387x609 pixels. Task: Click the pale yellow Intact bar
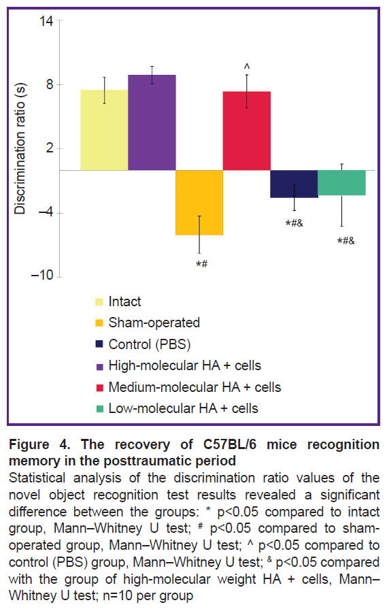click(104, 130)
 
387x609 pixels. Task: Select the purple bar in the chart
click(152, 122)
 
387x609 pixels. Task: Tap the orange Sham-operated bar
click(199, 202)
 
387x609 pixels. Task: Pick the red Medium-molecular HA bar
click(246, 131)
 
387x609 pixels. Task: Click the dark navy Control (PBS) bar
click(295, 184)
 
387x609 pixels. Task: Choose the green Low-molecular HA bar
click(341, 182)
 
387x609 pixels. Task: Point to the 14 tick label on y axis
click(46, 20)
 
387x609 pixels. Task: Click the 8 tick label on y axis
click(50, 84)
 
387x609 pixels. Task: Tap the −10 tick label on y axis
click(42, 276)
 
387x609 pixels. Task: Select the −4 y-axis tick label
click(46, 212)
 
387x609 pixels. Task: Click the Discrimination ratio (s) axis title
click(20, 148)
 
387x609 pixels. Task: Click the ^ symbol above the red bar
click(247, 67)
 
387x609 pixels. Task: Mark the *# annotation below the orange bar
click(202, 264)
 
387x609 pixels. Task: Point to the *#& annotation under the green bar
click(346, 241)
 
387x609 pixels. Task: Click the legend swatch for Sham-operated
click(99, 323)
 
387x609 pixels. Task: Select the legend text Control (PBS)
click(150, 344)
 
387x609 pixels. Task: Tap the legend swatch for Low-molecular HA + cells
click(99, 408)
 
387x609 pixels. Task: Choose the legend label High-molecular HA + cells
click(185, 365)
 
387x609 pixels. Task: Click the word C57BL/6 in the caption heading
click(230, 444)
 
